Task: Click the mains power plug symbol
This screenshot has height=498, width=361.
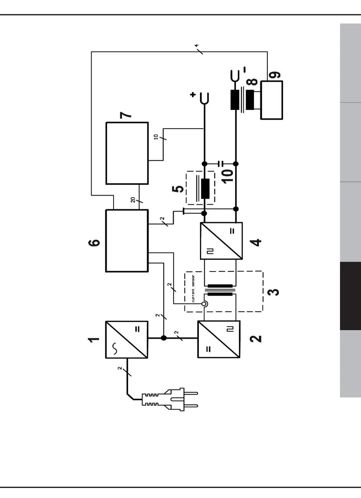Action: pyautogui.click(x=169, y=399)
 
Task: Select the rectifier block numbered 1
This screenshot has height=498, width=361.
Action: pyautogui.click(x=127, y=340)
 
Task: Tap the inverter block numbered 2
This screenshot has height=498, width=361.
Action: pyautogui.click(x=219, y=339)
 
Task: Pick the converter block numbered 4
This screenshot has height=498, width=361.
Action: pyautogui.click(x=221, y=241)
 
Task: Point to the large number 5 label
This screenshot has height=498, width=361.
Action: pyautogui.click(x=179, y=189)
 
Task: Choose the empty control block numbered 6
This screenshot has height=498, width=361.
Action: pyautogui.click(x=127, y=241)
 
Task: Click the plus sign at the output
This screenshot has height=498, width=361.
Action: pyautogui.click(x=193, y=94)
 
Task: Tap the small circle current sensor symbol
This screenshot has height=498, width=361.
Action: pyautogui.click(x=204, y=303)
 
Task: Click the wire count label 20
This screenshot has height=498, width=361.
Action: pyautogui.click(x=133, y=200)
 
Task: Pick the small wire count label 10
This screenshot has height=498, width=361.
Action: pyautogui.click(x=156, y=137)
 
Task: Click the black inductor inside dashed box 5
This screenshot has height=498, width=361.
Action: pyautogui.click(x=205, y=189)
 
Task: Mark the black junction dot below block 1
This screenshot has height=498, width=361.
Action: pyautogui.click(x=163, y=338)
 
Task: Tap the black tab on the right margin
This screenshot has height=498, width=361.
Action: pyautogui.click(x=350, y=296)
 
